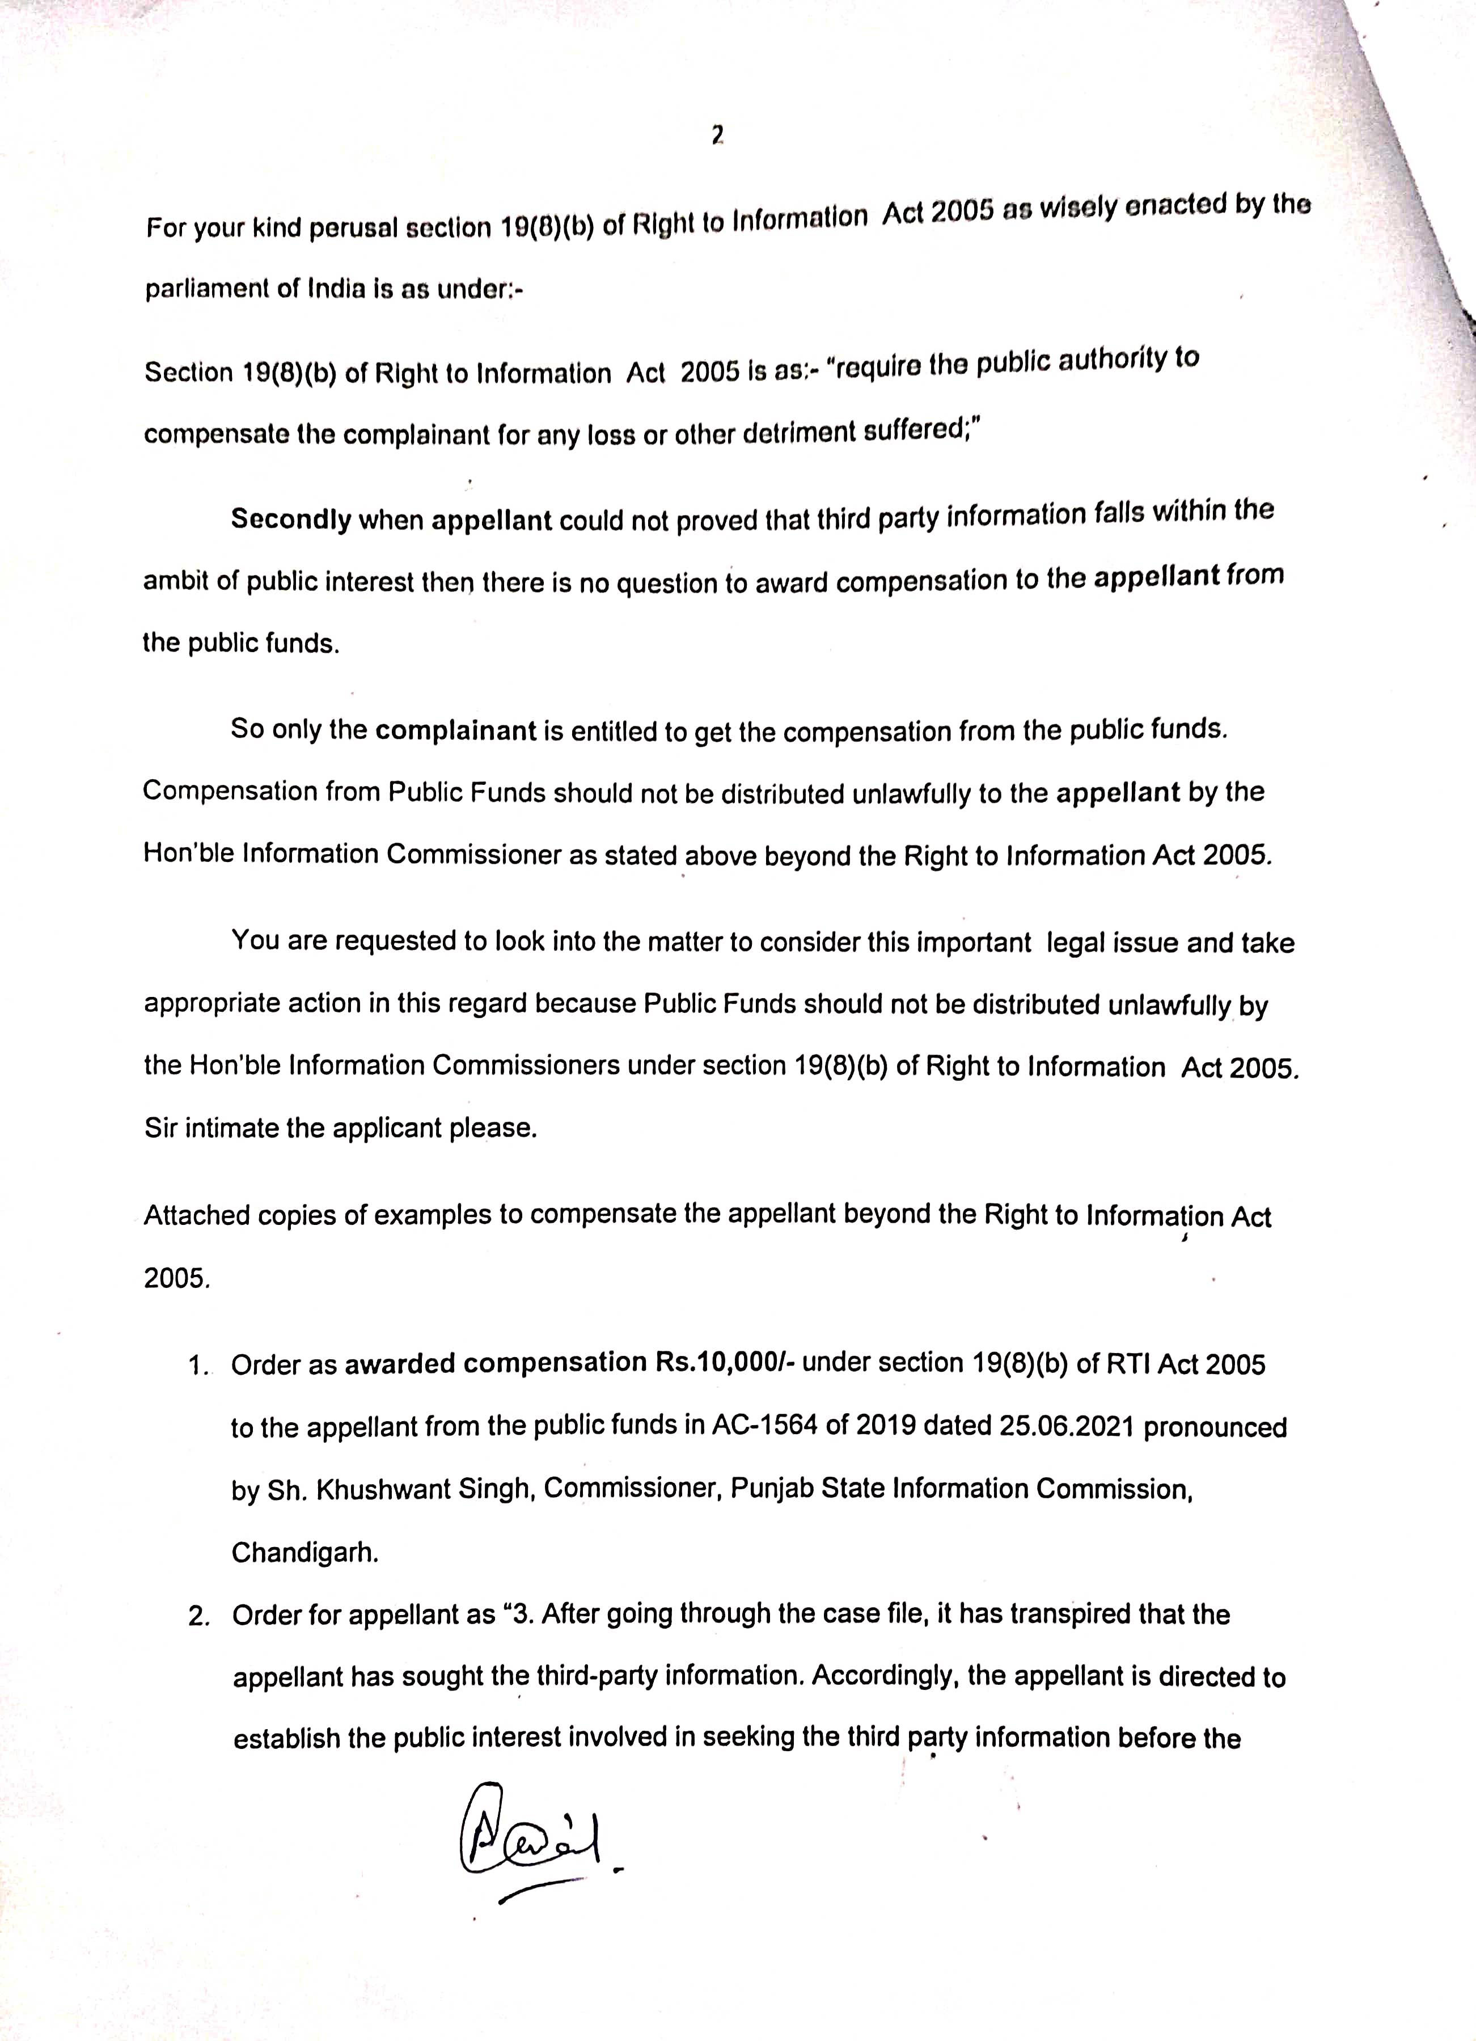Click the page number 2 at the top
click(x=717, y=136)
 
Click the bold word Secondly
click(x=291, y=519)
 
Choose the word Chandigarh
click(x=304, y=1552)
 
